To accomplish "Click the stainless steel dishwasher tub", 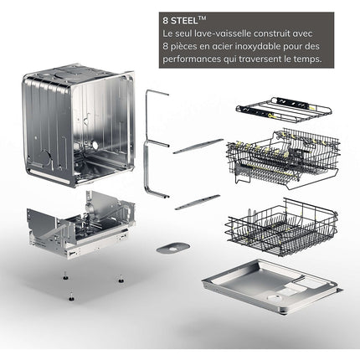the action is point(78,126).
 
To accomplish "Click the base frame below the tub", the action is point(80,224).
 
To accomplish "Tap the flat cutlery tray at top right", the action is point(284,110).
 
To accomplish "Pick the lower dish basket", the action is point(281,228).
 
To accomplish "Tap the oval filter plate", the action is point(173,248).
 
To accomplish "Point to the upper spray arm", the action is point(198,147).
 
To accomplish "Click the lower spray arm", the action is point(198,203).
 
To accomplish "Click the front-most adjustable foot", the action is point(71,296).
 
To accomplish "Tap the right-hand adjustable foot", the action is point(121,278).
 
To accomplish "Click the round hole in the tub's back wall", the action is point(95,145).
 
